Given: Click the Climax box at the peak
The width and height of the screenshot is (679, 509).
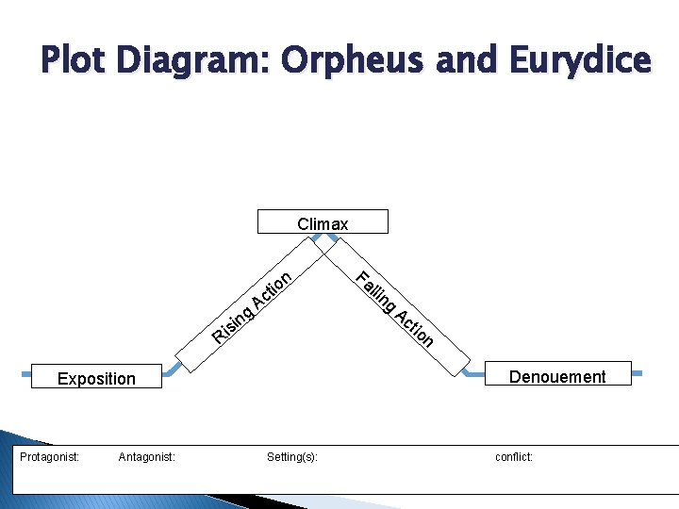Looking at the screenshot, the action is tap(323, 222).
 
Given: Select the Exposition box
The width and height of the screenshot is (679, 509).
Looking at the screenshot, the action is tap(96, 377).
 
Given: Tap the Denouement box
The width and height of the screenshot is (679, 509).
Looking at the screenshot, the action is tap(557, 376).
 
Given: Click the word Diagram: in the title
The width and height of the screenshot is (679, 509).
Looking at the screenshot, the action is tap(195, 60).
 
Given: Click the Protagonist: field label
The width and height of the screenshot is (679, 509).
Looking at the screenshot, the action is tap(50, 457).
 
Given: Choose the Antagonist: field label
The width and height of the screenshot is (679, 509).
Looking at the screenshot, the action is tap(146, 457).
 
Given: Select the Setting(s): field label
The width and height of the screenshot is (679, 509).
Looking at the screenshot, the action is tap(292, 457).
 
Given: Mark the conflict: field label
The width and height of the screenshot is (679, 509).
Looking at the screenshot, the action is tap(514, 457).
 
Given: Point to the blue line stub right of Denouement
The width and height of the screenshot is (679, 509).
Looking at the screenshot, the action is tap(637, 374).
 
